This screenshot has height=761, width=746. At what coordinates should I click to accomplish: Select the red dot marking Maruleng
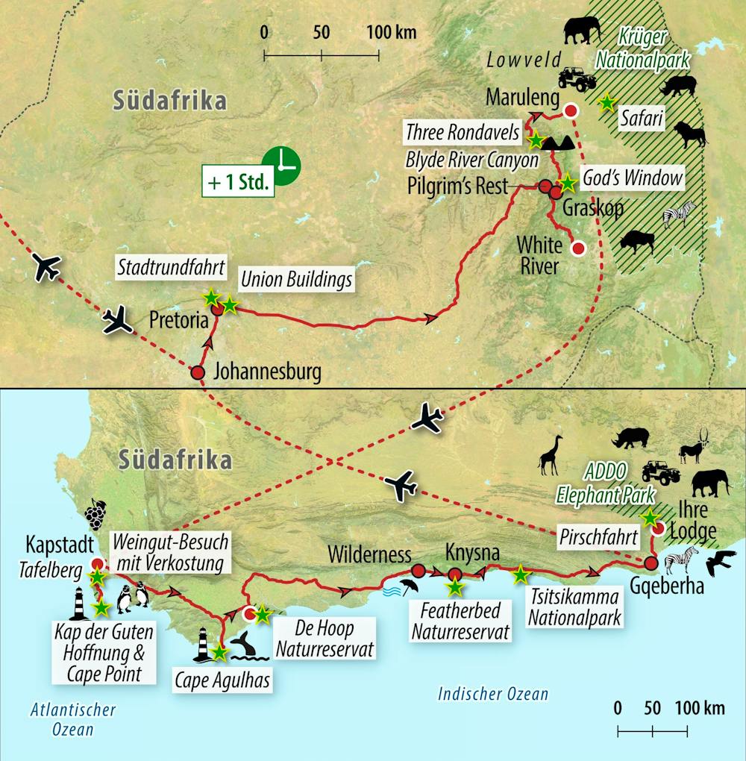[x=570, y=111]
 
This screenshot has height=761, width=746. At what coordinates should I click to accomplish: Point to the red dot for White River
[x=577, y=248]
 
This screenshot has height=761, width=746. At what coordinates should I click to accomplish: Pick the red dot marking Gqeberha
[x=651, y=563]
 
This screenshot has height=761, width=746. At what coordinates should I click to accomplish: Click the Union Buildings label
[x=295, y=281]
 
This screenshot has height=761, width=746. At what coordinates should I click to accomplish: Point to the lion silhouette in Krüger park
[x=690, y=136]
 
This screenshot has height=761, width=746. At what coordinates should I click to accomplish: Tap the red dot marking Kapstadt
[x=96, y=564]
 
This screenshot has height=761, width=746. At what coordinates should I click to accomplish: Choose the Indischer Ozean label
[x=493, y=695]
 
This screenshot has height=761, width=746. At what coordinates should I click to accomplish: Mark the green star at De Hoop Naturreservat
[x=263, y=614]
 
